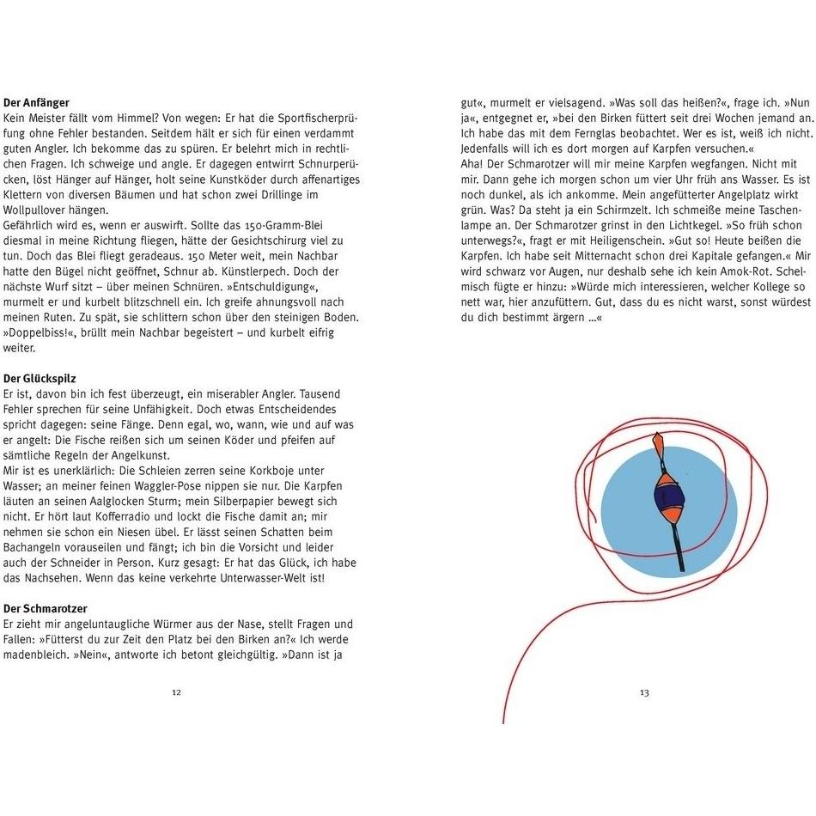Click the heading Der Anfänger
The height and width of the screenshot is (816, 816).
pyautogui.click(x=36, y=103)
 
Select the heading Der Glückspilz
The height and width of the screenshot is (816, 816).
pyautogui.click(x=40, y=379)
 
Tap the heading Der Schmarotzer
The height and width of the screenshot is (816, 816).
pyautogui.click(x=46, y=609)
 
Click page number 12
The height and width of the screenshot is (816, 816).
pyautogui.click(x=176, y=692)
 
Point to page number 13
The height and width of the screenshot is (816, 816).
pyautogui.click(x=644, y=692)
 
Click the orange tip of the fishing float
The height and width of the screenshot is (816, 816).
pyautogui.click(x=658, y=442)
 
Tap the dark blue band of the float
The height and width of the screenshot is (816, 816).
pyautogui.click(x=667, y=497)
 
